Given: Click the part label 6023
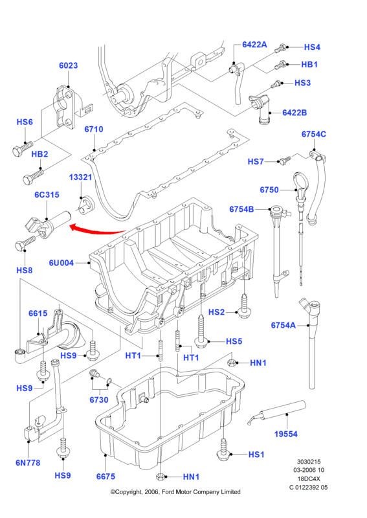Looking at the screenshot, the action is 69,65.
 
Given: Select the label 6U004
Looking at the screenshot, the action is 61,263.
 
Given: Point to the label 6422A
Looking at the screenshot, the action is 254,44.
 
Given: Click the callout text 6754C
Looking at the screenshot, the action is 313,134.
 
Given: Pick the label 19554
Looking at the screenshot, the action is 285,434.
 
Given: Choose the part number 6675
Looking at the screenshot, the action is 106,477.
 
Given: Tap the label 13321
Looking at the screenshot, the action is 80,177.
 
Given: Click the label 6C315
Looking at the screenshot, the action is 47,195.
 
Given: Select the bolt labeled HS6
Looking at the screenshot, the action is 23,148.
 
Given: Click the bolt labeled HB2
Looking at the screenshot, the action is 33,176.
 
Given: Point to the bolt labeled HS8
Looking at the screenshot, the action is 25,243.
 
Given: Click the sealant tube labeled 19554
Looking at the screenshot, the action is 277,412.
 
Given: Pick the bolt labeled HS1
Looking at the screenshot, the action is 224,449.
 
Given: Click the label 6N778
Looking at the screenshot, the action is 28,463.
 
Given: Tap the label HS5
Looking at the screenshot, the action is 234,341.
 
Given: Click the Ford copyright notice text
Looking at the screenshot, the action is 175,492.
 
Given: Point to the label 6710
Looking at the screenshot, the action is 94,129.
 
